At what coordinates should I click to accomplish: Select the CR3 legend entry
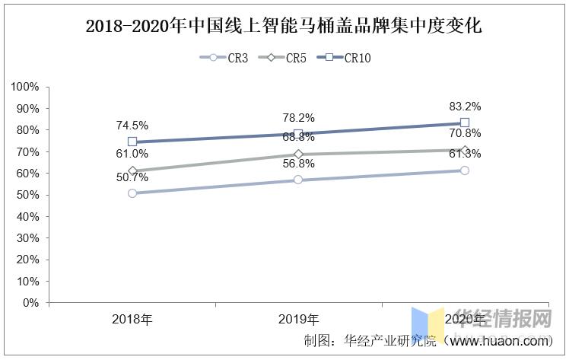click(224, 57)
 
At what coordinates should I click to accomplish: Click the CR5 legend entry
click(282, 57)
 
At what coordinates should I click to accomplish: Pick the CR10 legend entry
click(346, 57)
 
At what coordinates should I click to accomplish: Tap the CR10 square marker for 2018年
click(132, 142)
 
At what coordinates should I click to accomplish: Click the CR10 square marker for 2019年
click(298, 134)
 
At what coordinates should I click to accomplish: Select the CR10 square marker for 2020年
click(465, 123)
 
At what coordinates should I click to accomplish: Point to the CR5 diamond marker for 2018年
click(132, 171)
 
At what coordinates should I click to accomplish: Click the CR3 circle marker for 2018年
click(132, 193)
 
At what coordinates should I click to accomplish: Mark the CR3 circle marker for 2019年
click(298, 180)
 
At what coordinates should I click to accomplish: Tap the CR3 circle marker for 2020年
click(465, 170)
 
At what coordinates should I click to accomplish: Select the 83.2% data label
click(465, 107)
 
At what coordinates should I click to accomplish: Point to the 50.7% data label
click(132, 177)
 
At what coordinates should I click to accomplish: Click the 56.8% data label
click(298, 163)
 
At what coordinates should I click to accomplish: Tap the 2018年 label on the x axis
click(132, 319)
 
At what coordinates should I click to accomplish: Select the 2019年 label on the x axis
click(298, 319)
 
